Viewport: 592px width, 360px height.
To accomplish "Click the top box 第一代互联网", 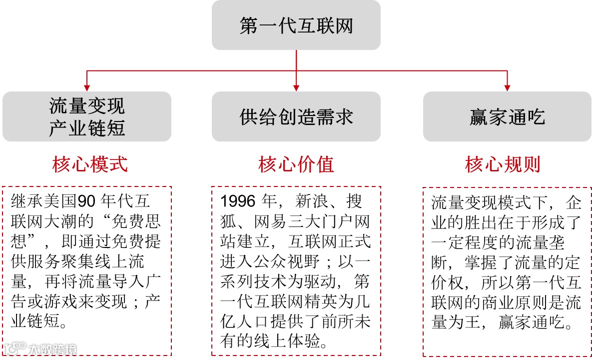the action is tap(296, 25).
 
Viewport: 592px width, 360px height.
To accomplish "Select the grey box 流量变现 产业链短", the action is tap(87, 116).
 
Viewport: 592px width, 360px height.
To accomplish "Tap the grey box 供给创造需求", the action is tap(296, 116).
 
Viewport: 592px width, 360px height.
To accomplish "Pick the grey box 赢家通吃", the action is tap(507, 116).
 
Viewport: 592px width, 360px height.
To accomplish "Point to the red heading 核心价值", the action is tap(296, 164).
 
